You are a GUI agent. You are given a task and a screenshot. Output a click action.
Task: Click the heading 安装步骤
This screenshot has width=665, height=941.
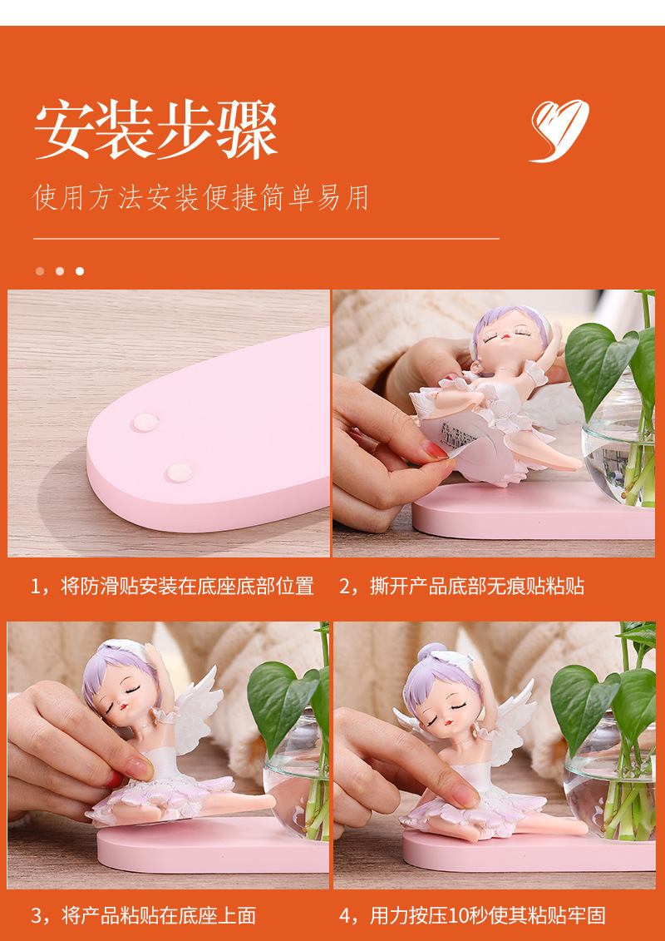[x=155, y=131]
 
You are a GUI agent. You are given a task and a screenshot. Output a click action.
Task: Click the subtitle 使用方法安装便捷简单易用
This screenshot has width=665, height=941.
[x=200, y=198]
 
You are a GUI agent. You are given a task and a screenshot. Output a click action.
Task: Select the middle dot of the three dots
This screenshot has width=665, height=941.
[x=60, y=271]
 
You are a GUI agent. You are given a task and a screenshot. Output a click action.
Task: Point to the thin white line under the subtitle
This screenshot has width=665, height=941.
[x=266, y=239]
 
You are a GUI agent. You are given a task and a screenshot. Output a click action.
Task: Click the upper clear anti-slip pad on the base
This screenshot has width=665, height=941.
[x=145, y=422]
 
